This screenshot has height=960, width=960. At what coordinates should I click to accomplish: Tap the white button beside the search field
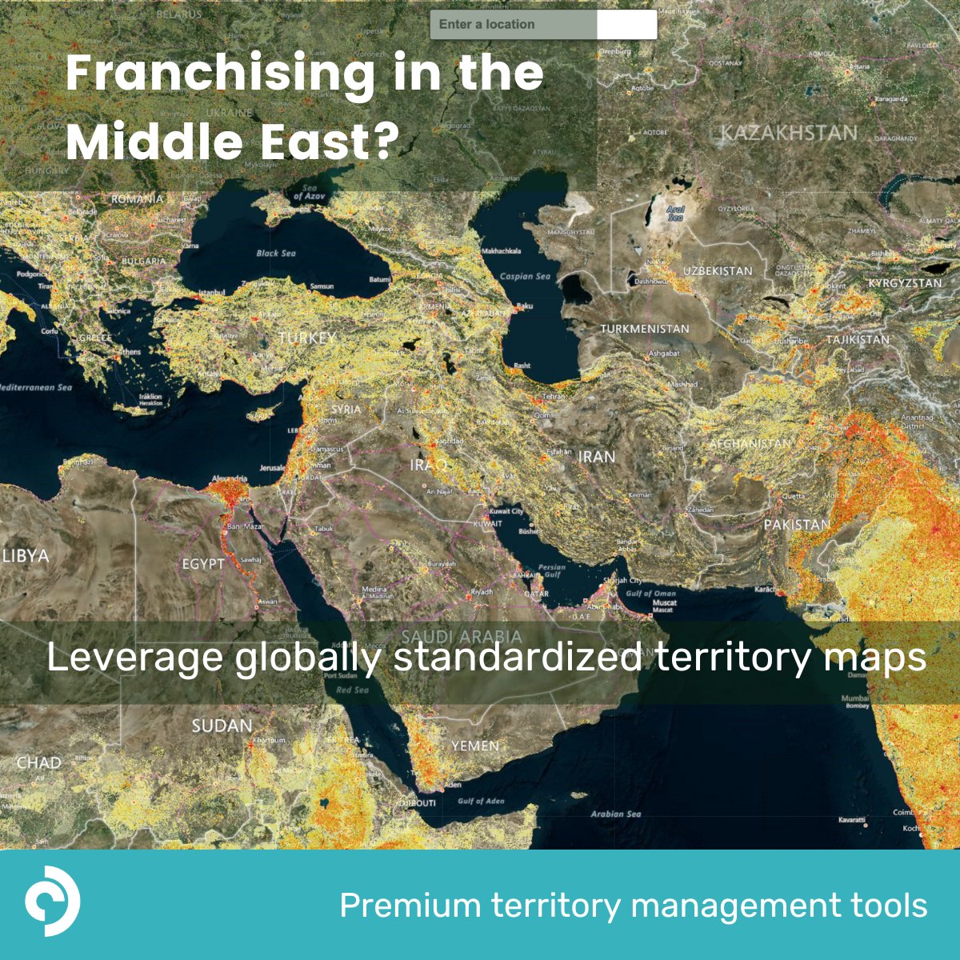(626, 25)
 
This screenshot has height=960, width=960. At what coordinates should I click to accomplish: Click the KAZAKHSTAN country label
(789, 133)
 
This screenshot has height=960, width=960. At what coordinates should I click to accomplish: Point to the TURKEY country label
(307, 338)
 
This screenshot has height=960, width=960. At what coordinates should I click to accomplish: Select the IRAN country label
(597, 457)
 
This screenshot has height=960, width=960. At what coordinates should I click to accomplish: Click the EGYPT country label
(203, 564)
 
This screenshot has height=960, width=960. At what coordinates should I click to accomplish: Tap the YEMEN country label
(475, 746)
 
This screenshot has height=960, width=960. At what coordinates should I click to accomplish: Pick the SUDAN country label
(222, 726)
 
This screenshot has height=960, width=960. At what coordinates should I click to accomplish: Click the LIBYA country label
(26, 555)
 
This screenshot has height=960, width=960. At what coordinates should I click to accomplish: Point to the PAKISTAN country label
(797, 525)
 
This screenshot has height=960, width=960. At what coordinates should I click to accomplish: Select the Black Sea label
(276, 254)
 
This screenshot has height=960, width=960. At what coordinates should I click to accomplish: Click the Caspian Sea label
(525, 277)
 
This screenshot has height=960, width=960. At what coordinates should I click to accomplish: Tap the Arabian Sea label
(616, 814)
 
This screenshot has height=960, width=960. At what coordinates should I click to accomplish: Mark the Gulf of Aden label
(481, 801)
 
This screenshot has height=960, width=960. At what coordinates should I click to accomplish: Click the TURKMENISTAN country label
(645, 329)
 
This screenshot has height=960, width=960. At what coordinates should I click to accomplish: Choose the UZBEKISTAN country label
(718, 271)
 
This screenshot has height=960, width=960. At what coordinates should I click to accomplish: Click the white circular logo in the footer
(52, 901)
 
